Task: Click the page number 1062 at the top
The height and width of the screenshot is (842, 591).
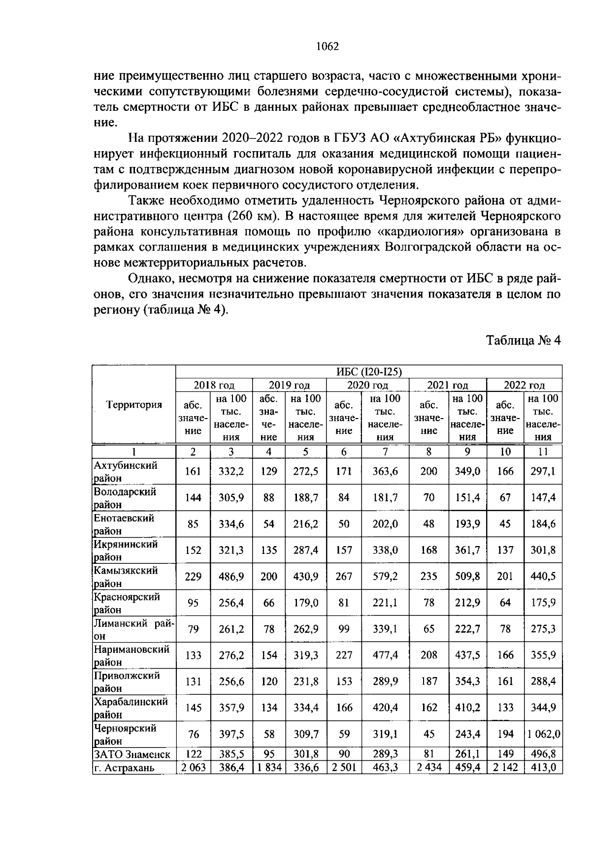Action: pyautogui.click(x=327, y=46)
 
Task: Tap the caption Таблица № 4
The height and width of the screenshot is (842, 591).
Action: pyautogui.click(x=524, y=340)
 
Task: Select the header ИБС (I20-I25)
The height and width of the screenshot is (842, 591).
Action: pyautogui.click(x=369, y=371)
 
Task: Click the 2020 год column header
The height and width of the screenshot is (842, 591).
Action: pyautogui.click(x=367, y=385)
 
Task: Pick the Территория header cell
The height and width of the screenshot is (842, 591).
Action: pyautogui.click(x=134, y=405)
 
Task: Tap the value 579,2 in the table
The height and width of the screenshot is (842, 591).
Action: pyautogui.click(x=385, y=576)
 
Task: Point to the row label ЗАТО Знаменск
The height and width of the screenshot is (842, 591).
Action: pyautogui.click(x=132, y=754)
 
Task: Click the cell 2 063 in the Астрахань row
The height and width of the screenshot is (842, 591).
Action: pyautogui.click(x=193, y=767)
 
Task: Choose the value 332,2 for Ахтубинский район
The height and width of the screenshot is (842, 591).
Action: pyautogui.click(x=231, y=471)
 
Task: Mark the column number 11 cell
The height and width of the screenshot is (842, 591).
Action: pyautogui.click(x=543, y=452)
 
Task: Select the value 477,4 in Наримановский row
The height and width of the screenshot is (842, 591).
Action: pyautogui.click(x=385, y=655)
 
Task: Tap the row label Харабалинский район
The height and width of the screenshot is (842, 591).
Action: pyautogui.click(x=131, y=708)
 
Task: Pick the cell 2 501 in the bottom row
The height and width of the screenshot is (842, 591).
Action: pyautogui.click(x=344, y=767)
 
